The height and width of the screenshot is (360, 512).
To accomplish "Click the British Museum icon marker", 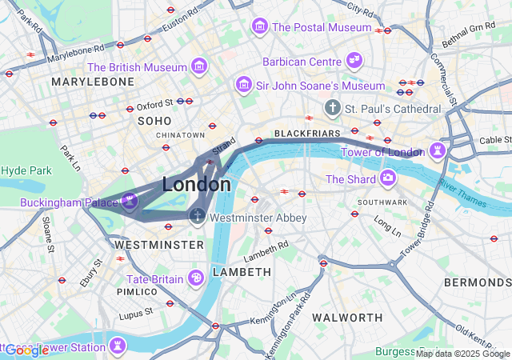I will point(199,65).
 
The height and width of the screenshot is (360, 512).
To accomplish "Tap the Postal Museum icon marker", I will point(259,26).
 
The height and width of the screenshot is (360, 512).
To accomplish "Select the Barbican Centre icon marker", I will point(354,61).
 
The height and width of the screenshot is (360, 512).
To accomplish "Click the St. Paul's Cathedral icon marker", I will point(332,107).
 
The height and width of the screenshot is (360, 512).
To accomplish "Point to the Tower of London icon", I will point(437,150).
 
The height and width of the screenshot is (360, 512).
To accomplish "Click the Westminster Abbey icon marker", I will point(197,216).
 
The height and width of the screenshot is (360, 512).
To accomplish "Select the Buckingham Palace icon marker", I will point(129,202).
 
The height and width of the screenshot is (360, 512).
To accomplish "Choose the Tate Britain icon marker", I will point(196,278).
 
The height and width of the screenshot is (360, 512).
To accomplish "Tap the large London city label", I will point(197,184).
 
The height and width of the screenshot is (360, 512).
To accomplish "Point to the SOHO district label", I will point(154,120).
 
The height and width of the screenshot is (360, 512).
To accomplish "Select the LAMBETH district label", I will point(243,272).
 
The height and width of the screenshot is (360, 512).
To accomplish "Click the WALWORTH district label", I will point(348,318).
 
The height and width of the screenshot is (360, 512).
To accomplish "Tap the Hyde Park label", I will point(26,170).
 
